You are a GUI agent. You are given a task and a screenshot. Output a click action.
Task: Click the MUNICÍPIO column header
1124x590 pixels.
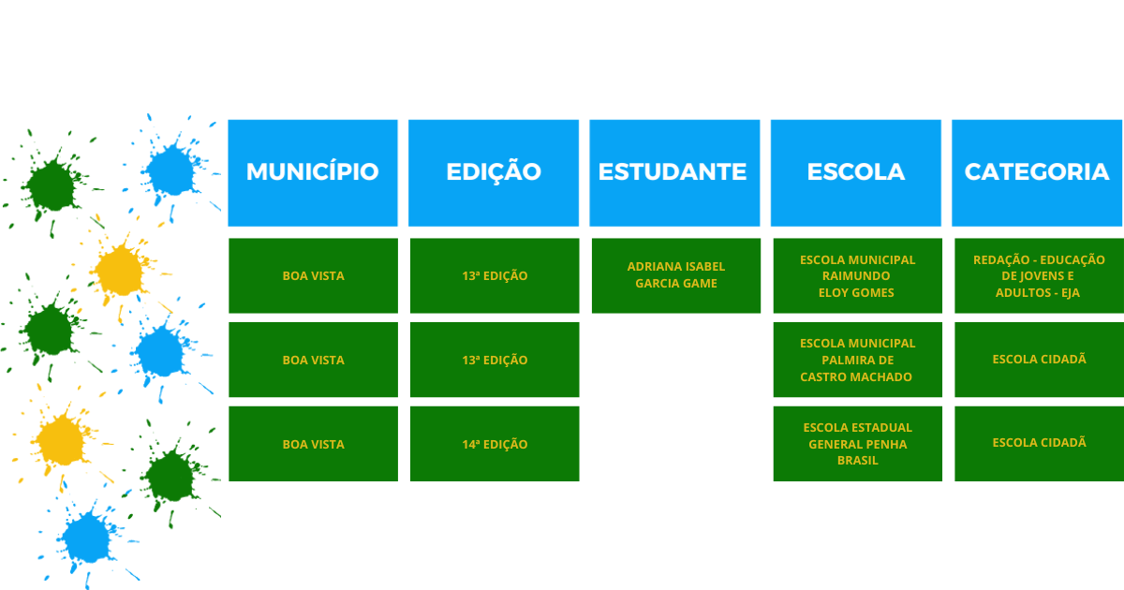313,172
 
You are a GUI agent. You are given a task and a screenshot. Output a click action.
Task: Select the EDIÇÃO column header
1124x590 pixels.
494,172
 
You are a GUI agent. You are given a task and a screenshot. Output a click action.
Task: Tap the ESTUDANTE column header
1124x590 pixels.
674,172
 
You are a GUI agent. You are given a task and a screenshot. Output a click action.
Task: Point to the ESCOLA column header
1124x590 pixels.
855,172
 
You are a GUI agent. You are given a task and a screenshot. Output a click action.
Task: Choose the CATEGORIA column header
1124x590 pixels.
1037,172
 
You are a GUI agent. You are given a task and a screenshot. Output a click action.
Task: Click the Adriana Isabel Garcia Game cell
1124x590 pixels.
676,275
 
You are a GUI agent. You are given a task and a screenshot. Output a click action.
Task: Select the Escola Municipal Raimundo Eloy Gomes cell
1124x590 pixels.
858,275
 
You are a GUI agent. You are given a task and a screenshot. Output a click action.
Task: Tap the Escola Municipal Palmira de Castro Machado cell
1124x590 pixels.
858,360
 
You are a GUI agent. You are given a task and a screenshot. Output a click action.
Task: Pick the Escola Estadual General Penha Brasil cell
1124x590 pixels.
858,444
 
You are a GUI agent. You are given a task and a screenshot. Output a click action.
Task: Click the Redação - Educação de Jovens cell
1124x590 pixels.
1039,275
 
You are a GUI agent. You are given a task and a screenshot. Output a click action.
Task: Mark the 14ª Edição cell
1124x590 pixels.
495,444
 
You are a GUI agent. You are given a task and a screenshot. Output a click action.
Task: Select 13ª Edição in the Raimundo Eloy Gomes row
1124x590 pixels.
495,275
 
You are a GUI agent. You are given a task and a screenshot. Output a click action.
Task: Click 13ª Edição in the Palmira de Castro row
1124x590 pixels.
495,360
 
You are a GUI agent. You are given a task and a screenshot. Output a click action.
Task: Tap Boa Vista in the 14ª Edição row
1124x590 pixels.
313,444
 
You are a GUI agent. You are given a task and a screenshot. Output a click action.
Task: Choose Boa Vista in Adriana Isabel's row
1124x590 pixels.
313,275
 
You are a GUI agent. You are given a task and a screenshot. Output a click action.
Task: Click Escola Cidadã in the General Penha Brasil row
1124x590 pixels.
1039,444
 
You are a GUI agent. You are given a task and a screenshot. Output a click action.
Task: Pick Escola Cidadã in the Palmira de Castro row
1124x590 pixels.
1039,360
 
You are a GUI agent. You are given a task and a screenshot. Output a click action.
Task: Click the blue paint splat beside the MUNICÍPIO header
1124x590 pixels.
171,170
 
